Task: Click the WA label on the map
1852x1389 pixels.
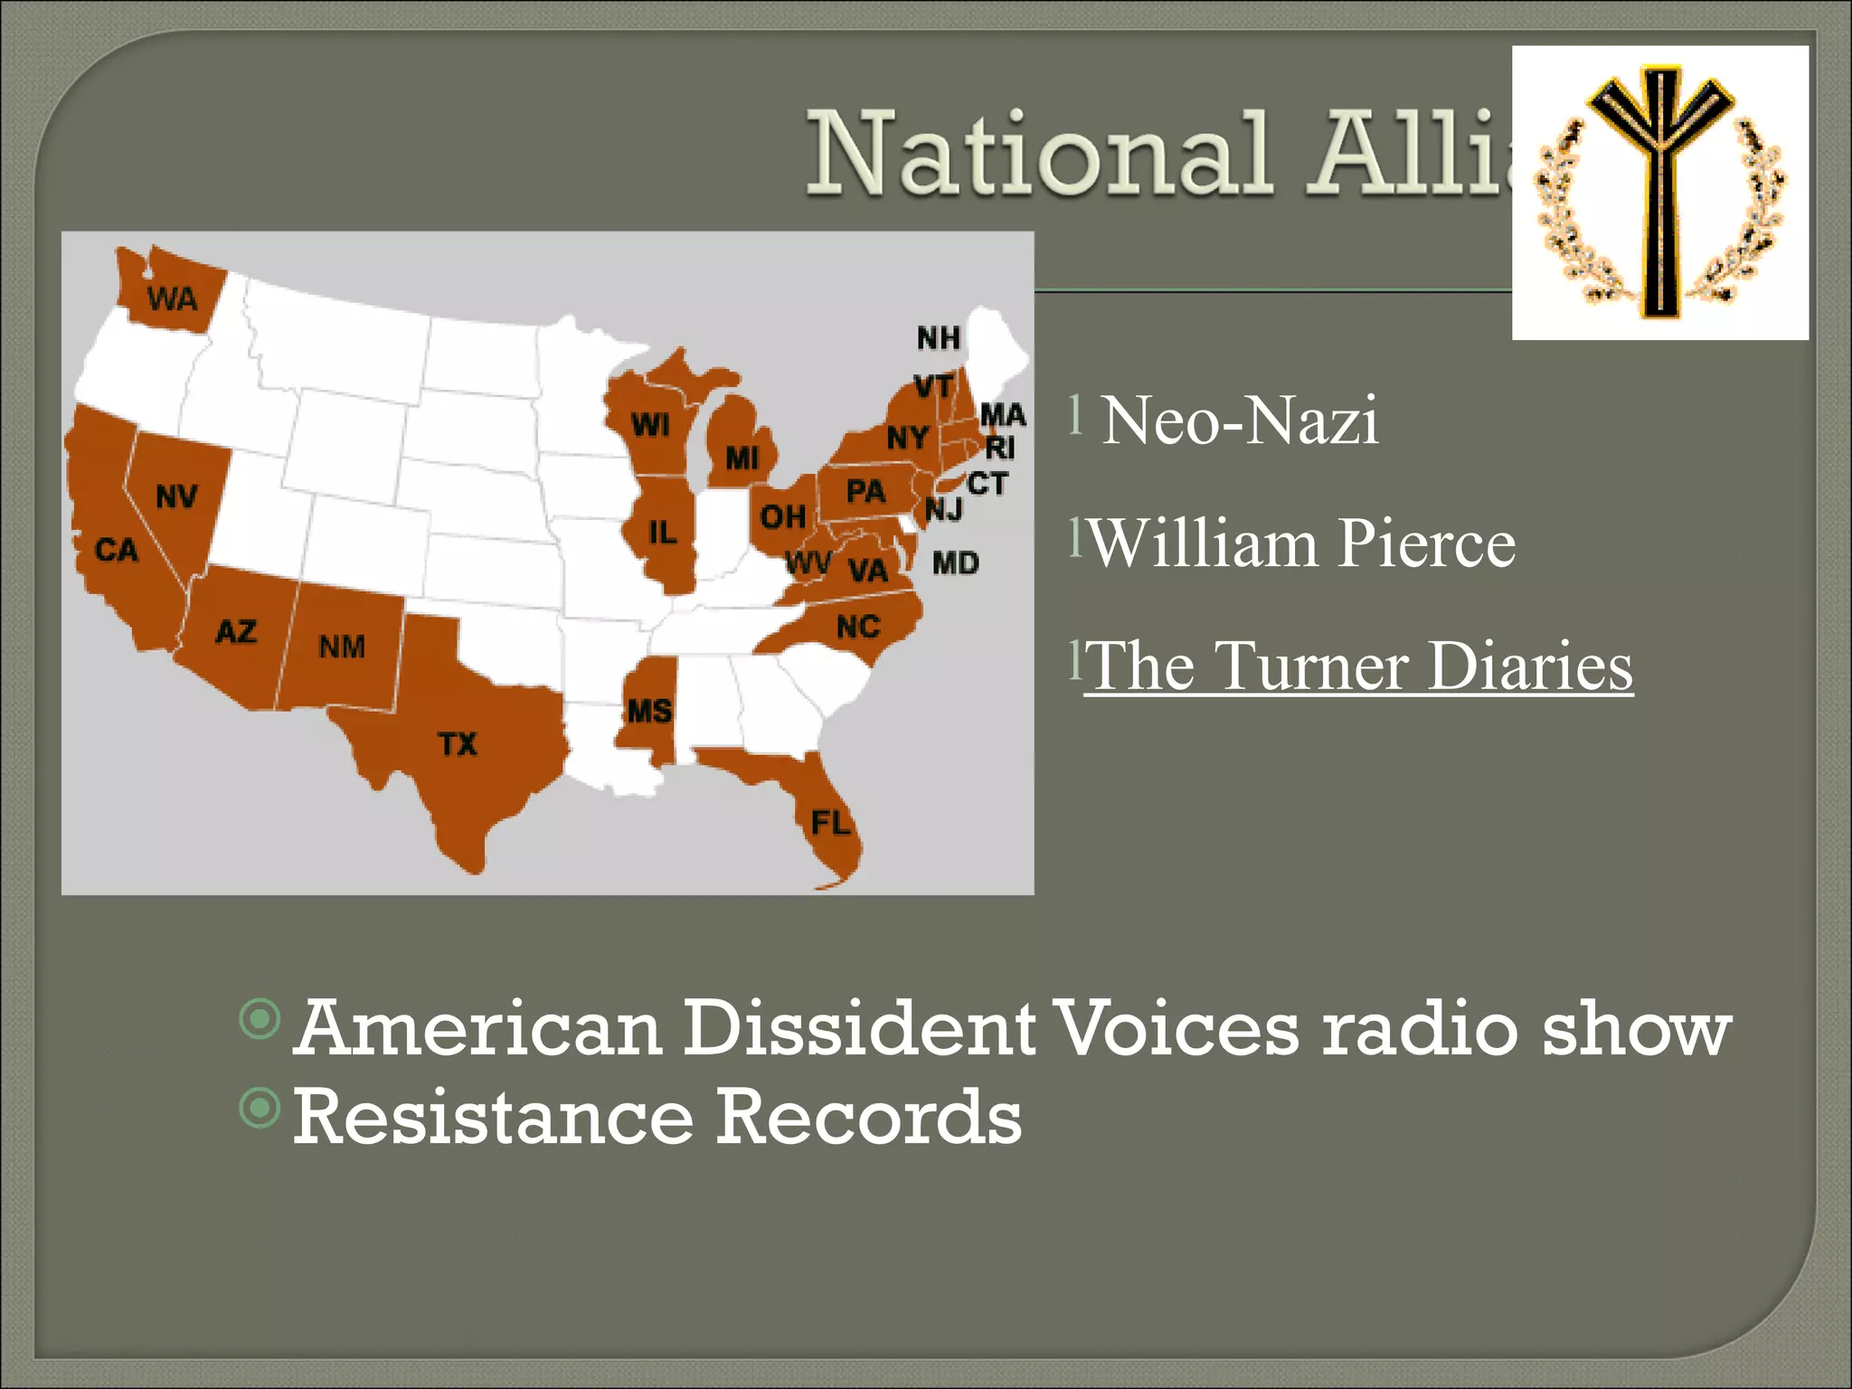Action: (172, 298)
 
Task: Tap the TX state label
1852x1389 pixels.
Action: (458, 744)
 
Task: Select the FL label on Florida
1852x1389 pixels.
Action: (830, 823)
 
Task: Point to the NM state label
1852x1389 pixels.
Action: (342, 647)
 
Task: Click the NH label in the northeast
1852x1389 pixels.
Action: (938, 338)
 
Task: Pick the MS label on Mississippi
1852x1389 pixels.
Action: (649, 711)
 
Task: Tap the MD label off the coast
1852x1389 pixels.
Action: (956, 563)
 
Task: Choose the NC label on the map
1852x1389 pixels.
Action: (858, 627)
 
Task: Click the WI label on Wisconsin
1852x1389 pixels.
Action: (650, 424)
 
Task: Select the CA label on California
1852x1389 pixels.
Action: (117, 550)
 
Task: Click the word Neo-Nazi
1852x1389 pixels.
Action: (1240, 420)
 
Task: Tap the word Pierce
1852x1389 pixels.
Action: (1426, 543)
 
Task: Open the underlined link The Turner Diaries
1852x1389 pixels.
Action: (1359, 666)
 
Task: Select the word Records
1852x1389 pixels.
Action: (869, 1118)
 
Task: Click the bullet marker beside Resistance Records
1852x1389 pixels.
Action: (260, 1107)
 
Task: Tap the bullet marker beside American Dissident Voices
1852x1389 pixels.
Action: (260, 1019)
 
